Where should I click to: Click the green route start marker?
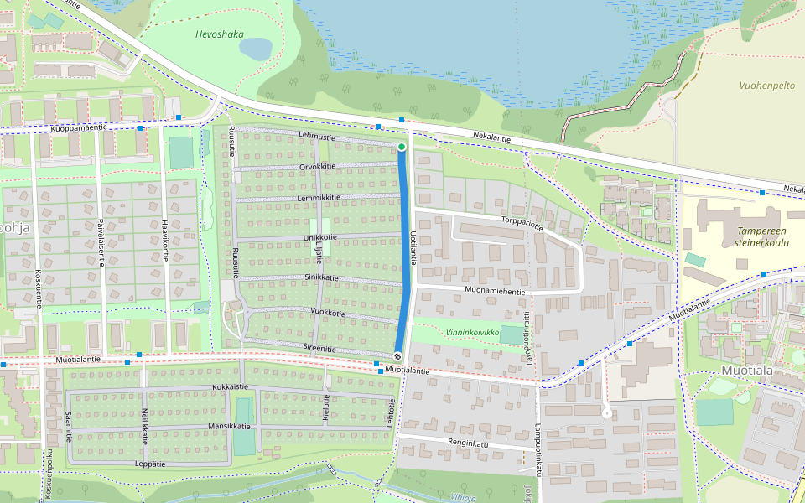(x=402, y=148)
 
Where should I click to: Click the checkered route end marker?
(x=397, y=356)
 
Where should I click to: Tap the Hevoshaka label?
(x=219, y=34)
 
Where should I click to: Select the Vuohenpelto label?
(x=767, y=86)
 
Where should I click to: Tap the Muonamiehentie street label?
(x=496, y=291)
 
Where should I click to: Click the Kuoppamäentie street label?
(x=79, y=127)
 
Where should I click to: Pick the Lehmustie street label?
(x=317, y=137)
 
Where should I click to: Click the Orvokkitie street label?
(x=317, y=166)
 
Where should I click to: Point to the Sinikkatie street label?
(x=321, y=277)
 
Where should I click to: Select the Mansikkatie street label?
(x=229, y=427)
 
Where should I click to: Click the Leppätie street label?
(x=150, y=463)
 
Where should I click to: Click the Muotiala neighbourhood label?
(x=750, y=370)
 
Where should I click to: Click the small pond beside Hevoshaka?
(x=256, y=48)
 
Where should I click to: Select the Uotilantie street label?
(x=413, y=248)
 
